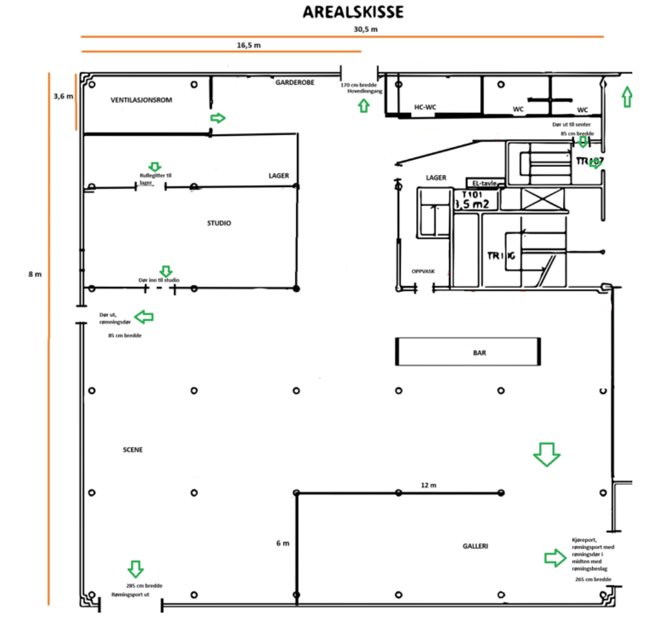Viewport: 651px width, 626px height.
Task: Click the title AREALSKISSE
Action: click(353, 12)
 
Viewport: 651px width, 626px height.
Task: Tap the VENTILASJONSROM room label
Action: click(141, 100)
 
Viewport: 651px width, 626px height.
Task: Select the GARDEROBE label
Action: click(295, 83)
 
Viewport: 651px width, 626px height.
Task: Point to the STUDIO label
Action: click(219, 223)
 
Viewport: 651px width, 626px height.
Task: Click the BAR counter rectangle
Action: click(467, 352)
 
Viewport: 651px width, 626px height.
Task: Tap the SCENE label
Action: click(133, 450)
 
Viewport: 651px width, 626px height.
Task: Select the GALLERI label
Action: click(475, 546)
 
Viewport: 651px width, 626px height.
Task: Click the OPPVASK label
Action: click(423, 271)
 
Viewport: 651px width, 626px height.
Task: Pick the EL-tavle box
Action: click(481, 183)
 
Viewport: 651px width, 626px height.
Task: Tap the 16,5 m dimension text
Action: click(249, 45)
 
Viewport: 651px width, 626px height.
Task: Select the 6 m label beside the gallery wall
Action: click(282, 543)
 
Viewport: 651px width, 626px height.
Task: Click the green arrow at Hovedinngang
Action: click(363, 105)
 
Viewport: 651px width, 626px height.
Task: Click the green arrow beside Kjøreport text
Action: click(555, 558)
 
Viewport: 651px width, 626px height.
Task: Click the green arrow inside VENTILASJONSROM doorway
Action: click(218, 118)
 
